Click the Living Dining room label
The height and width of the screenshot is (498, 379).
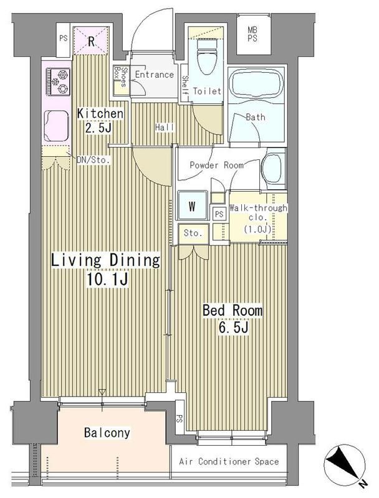[x=105, y=260]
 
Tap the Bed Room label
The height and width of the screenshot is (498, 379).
[x=233, y=310]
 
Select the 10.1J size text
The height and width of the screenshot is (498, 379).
[x=107, y=280]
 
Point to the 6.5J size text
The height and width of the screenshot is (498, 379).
[x=233, y=327]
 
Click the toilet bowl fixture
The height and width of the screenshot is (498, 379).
[x=206, y=57]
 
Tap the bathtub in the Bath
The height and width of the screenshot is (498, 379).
[x=256, y=83]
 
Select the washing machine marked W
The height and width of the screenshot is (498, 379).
[x=193, y=206]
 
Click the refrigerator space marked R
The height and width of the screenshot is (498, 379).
[x=91, y=41]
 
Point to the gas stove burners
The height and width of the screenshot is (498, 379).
[x=59, y=82]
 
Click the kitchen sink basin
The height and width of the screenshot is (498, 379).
[x=56, y=126]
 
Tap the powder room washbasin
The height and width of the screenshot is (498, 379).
[x=273, y=168]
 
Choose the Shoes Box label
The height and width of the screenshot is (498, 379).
[x=120, y=77]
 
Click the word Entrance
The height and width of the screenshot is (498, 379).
[x=155, y=75]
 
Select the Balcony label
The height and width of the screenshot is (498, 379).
[x=107, y=433]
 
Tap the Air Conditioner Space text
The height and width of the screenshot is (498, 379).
[x=229, y=461]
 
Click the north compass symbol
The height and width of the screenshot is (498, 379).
[x=345, y=464]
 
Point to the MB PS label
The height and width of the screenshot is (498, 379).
[x=253, y=34]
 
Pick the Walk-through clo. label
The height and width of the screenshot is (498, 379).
[x=258, y=218]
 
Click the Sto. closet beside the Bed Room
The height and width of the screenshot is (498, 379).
[x=193, y=233]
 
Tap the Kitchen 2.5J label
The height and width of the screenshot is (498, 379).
[x=100, y=120]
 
